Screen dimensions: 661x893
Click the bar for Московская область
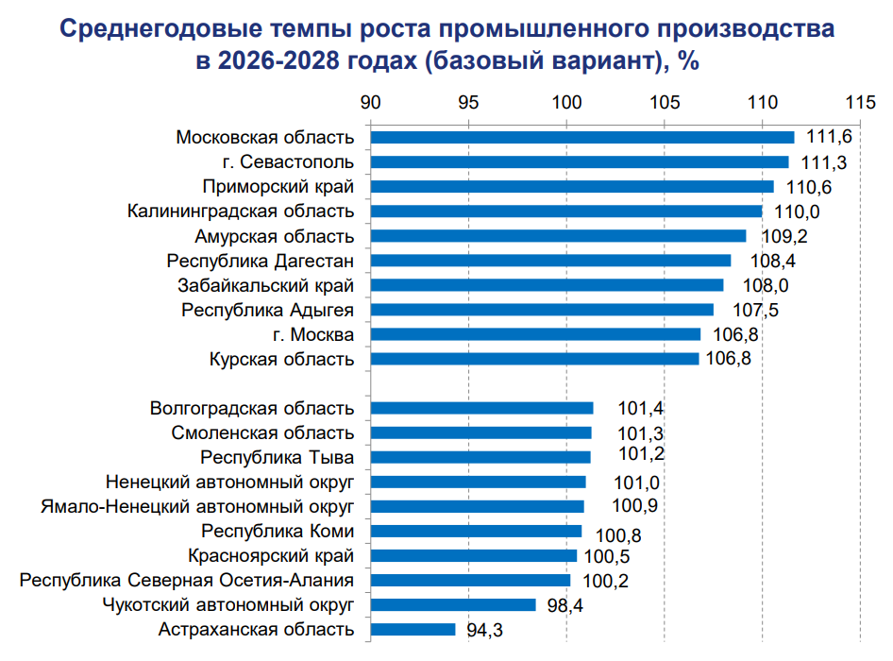pos(582,138)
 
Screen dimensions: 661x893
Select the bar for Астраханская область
pos(413,629)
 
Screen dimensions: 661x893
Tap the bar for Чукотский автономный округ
pos(453,604)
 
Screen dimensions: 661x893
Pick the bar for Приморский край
pos(572,187)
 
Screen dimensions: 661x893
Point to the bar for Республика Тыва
pos(480,457)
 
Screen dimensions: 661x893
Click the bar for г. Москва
pos(535,334)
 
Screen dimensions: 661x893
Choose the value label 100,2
pos(606,581)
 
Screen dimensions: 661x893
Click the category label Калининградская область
pos(241,212)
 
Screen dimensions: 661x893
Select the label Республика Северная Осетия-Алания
pos(187,580)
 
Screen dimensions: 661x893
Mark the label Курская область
pos(281,359)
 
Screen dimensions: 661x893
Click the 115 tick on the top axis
pos(860,102)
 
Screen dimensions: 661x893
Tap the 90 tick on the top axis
pos(371,102)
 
